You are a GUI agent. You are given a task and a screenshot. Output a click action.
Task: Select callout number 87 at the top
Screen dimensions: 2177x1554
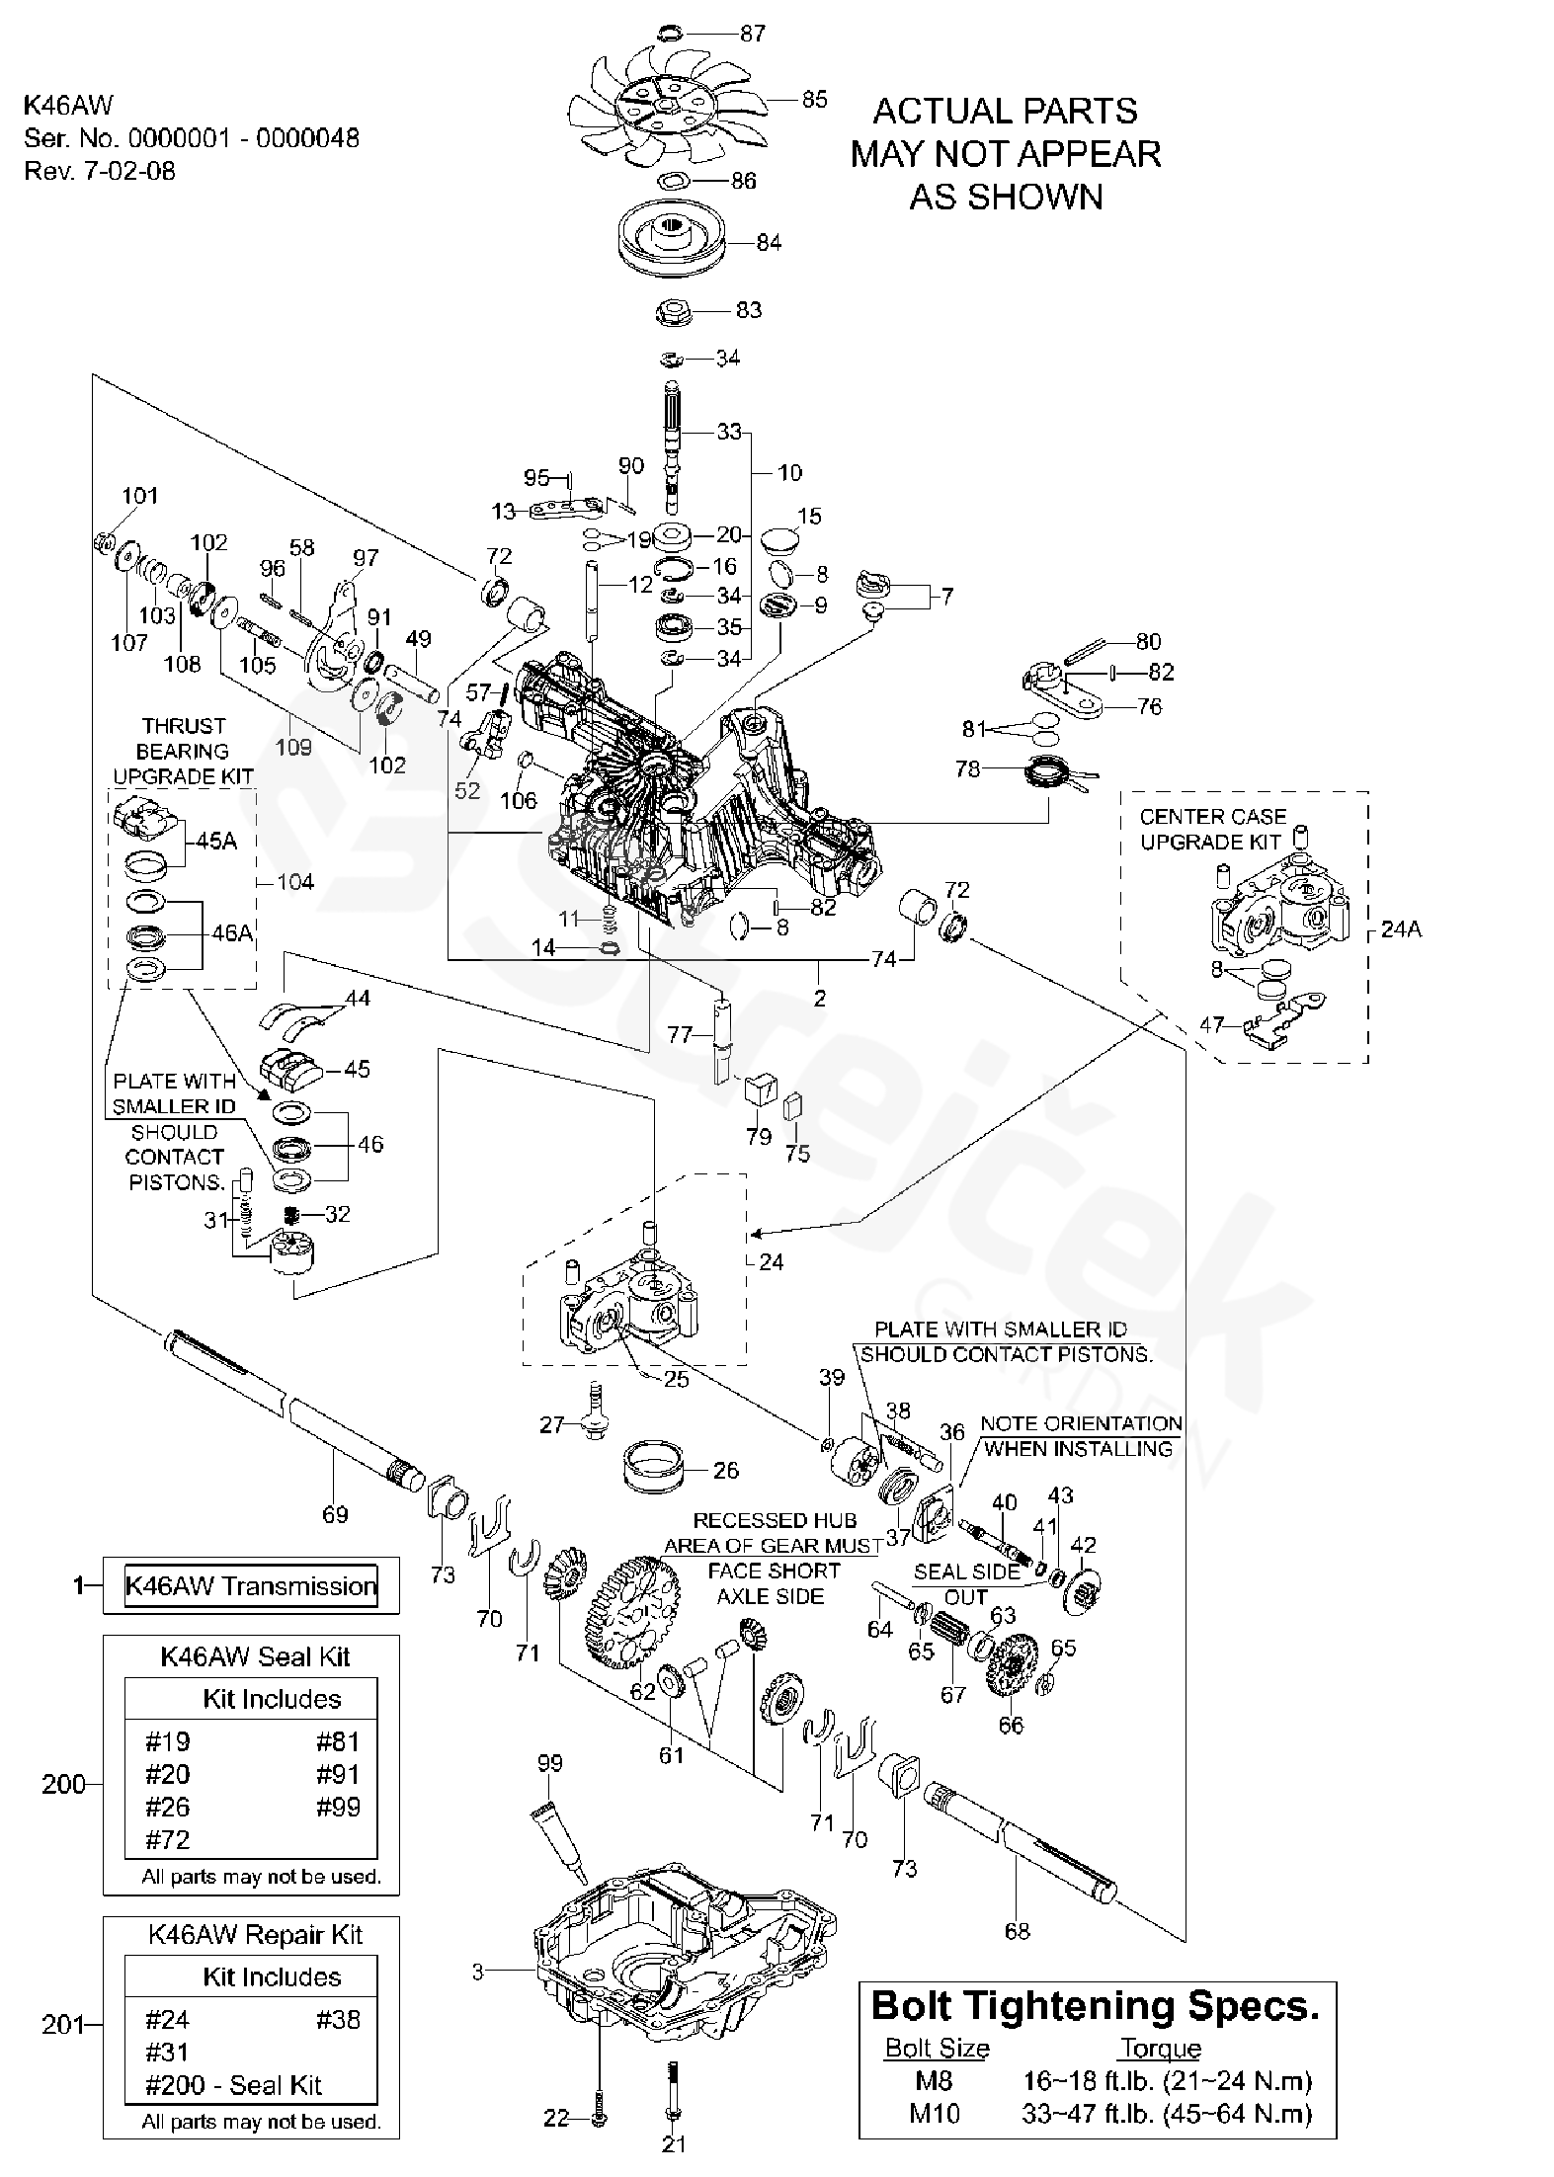[753, 33]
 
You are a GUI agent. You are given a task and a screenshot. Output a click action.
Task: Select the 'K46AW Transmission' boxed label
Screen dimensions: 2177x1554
[251, 1585]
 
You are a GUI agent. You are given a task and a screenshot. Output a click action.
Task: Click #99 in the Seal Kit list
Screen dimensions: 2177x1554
[338, 1807]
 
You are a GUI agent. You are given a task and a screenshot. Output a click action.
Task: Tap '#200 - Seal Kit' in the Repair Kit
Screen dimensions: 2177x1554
[233, 2084]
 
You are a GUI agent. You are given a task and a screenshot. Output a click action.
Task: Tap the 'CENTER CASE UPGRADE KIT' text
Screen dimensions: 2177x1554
[1212, 829]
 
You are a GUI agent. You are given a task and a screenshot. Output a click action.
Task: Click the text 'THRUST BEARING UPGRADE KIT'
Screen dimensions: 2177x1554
[183, 751]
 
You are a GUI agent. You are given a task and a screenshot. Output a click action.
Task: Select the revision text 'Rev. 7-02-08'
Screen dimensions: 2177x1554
[100, 170]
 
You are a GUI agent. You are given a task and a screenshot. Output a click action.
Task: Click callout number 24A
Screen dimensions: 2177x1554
[1400, 928]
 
